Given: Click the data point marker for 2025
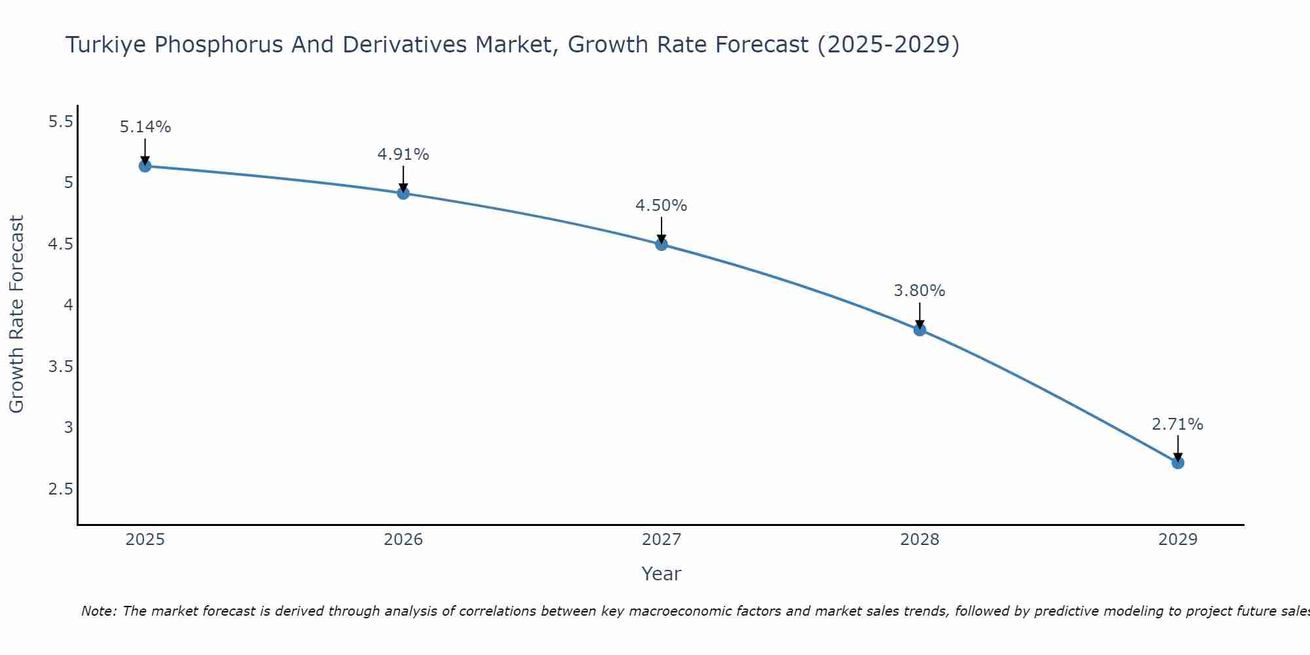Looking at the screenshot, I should (145, 166).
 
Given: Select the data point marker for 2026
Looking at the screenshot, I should (403, 193).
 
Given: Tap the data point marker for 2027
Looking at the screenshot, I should (662, 244).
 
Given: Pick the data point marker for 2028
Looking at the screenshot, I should (920, 329).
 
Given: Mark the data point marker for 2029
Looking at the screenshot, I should (1178, 463).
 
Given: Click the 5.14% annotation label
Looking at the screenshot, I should (145, 127).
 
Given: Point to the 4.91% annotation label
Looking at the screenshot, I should (403, 155).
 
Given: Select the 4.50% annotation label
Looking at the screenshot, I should (662, 206).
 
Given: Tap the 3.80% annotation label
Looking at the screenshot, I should (920, 291).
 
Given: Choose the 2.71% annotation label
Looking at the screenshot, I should (1178, 424).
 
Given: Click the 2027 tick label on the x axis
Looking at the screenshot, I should (662, 540).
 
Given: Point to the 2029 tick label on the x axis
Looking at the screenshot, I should (1178, 540).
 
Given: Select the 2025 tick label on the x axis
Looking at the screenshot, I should (145, 540).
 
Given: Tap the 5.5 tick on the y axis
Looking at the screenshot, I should (61, 122).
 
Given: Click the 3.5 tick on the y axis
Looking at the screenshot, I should (61, 366).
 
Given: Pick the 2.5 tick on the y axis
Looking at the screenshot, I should (61, 489).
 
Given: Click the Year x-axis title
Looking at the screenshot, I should (662, 574).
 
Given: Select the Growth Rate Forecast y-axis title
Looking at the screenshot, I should (16, 314).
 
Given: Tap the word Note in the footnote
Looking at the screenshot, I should (98, 611).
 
